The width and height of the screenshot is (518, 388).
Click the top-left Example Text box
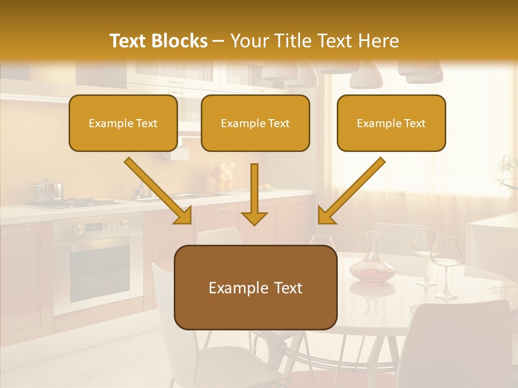tap(123, 123)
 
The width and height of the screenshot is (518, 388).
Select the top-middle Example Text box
tap(255, 123)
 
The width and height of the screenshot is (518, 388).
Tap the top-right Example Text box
tap(391, 123)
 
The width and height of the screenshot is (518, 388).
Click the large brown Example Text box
tap(255, 287)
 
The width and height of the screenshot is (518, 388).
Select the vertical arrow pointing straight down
tap(254, 194)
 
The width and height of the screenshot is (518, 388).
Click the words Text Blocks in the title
tap(158, 41)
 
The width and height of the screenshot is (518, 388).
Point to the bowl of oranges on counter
tap(221, 178)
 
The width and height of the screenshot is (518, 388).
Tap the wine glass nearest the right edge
tap(446, 267)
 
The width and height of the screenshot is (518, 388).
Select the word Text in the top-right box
tap(415, 123)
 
